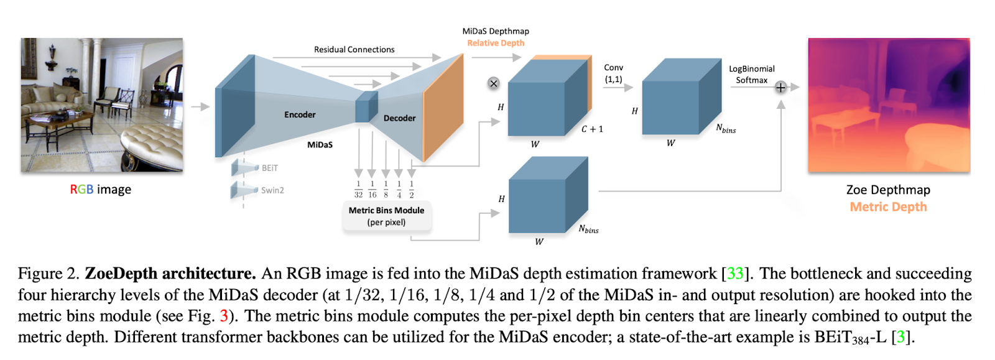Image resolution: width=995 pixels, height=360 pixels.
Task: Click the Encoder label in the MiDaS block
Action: pyautogui.click(x=300, y=115)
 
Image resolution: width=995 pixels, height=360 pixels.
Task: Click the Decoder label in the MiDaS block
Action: pyautogui.click(x=399, y=118)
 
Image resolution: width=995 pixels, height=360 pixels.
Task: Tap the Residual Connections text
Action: pyautogui.click(x=354, y=50)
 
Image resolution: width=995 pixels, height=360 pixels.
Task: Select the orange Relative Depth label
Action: pyautogui.click(x=496, y=43)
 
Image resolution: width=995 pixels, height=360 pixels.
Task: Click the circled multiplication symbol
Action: pyautogui.click(x=494, y=83)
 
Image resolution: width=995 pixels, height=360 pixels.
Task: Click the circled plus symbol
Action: pyautogui.click(x=780, y=88)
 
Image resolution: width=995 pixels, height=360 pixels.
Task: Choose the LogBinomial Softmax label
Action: pyautogui.click(x=751, y=75)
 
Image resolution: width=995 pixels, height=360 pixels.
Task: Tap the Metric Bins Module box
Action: pyautogui.click(x=386, y=216)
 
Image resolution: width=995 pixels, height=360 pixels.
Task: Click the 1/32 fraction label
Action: pyautogui.click(x=358, y=190)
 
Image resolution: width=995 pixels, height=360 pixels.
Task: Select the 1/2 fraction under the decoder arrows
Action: pyautogui.click(x=412, y=190)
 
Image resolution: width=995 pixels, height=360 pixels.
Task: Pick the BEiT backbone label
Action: pyautogui.click(x=269, y=168)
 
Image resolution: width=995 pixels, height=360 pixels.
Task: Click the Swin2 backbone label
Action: pyautogui.click(x=272, y=190)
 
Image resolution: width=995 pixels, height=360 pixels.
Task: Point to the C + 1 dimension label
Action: pyautogui.click(x=592, y=129)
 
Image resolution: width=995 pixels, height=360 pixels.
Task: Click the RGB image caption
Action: pyautogui.click(x=100, y=190)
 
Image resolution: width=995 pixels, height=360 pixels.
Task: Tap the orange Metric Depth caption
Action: pyautogui.click(x=888, y=207)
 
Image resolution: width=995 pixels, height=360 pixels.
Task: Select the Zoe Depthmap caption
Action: pyautogui.click(x=888, y=190)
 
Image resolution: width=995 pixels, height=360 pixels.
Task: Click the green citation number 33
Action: pyautogui.click(x=735, y=274)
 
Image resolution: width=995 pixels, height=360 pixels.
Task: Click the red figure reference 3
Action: pyautogui.click(x=224, y=316)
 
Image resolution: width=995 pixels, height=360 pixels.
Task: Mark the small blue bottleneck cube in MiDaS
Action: pyautogui.click(x=366, y=107)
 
